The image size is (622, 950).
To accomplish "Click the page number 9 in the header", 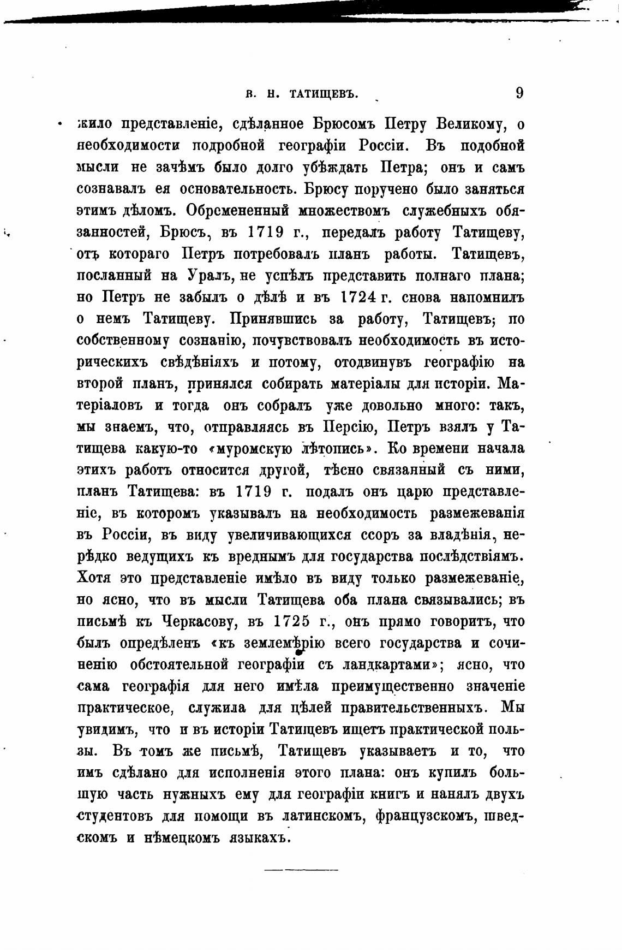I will point(519,93).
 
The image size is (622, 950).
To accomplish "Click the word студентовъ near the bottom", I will point(116,817).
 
